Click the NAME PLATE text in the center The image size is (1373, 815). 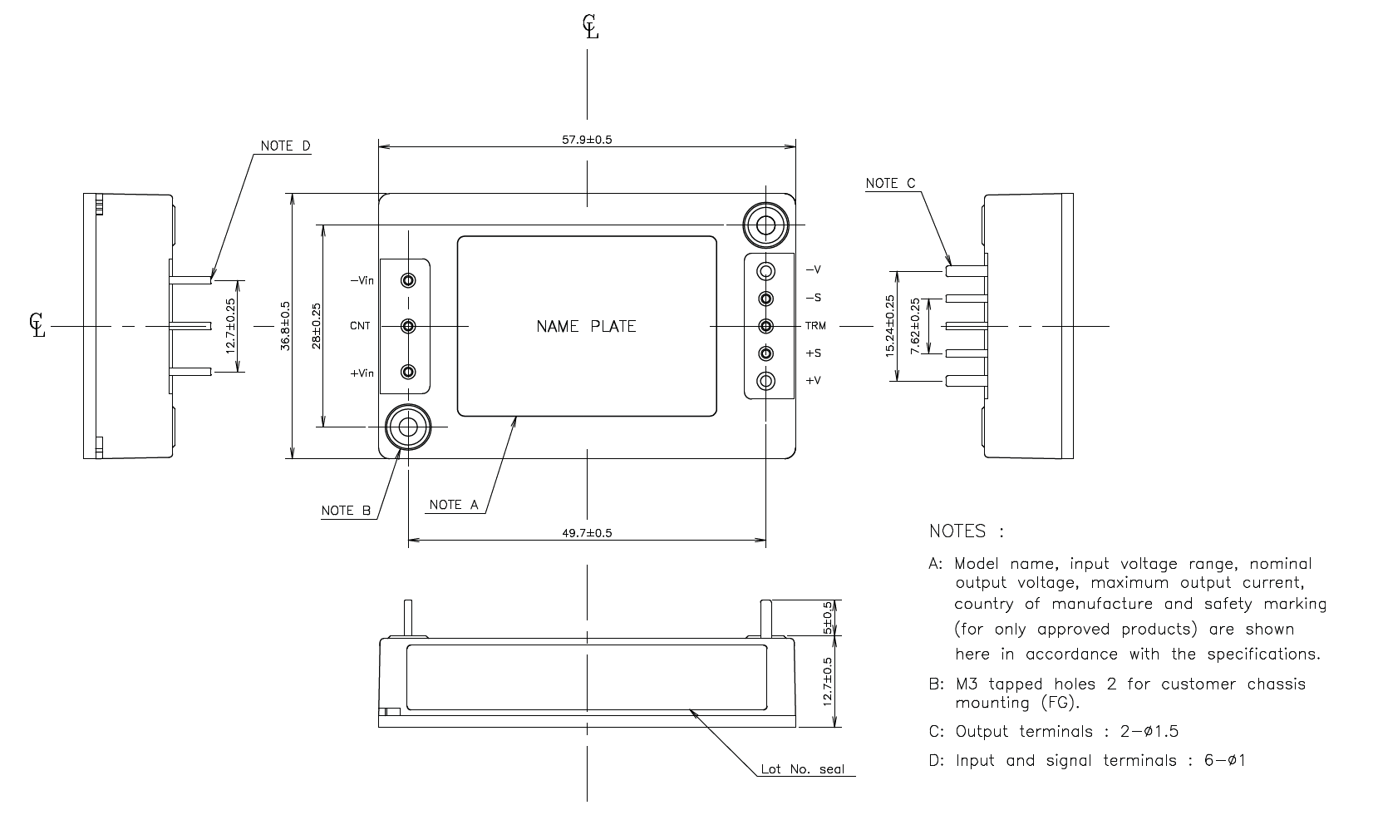[x=586, y=327]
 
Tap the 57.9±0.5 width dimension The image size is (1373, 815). [x=587, y=140]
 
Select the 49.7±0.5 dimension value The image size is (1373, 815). [x=587, y=532]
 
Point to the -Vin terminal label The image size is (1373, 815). [x=362, y=280]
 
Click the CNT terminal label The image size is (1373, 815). [x=360, y=326]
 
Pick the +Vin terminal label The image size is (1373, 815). [x=362, y=373]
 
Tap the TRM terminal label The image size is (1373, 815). [x=814, y=326]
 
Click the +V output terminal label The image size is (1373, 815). [x=813, y=381]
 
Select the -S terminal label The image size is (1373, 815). [x=813, y=298]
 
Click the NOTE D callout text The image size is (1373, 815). [x=285, y=146]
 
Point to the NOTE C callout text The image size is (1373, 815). [x=890, y=183]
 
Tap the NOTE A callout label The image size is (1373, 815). [x=454, y=505]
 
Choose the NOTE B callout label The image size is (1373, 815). [x=346, y=511]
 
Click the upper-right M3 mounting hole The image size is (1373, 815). [x=765, y=225]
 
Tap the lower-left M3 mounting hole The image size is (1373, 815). [x=407, y=427]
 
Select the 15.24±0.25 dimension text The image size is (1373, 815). [x=890, y=326]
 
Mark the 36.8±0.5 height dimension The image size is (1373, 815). [x=285, y=326]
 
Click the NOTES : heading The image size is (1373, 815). [x=966, y=531]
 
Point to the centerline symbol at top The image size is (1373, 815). [x=589, y=27]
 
